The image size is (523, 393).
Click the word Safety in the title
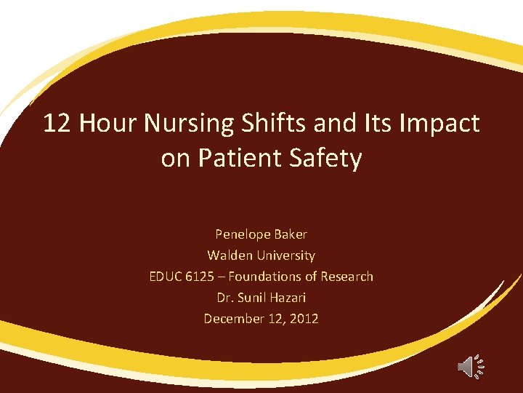(x=328, y=159)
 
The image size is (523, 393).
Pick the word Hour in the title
(x=108, y=124)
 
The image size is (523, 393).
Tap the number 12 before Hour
(x=57, y=124)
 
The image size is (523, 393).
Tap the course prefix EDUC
(x=166, y=277)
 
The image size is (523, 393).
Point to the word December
(x=234, y=319)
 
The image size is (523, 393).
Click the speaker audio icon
(x=470, y=366)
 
